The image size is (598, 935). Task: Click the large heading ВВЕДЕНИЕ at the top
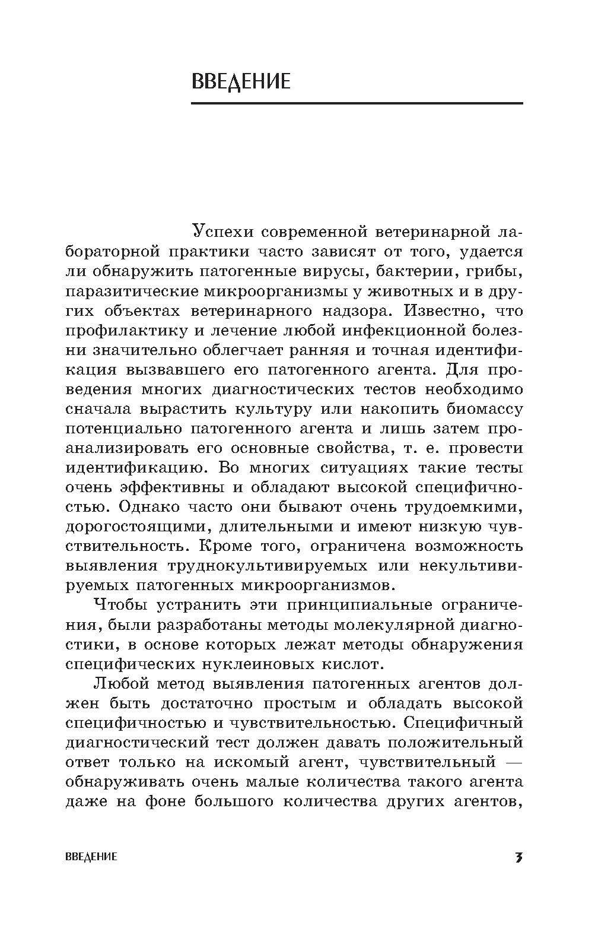pyautogui.click(x=241, y=81)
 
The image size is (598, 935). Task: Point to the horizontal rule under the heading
pyautogui.click(x=357, y=103)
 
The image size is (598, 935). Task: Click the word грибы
pyautogui.click(x=498, y=271)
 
